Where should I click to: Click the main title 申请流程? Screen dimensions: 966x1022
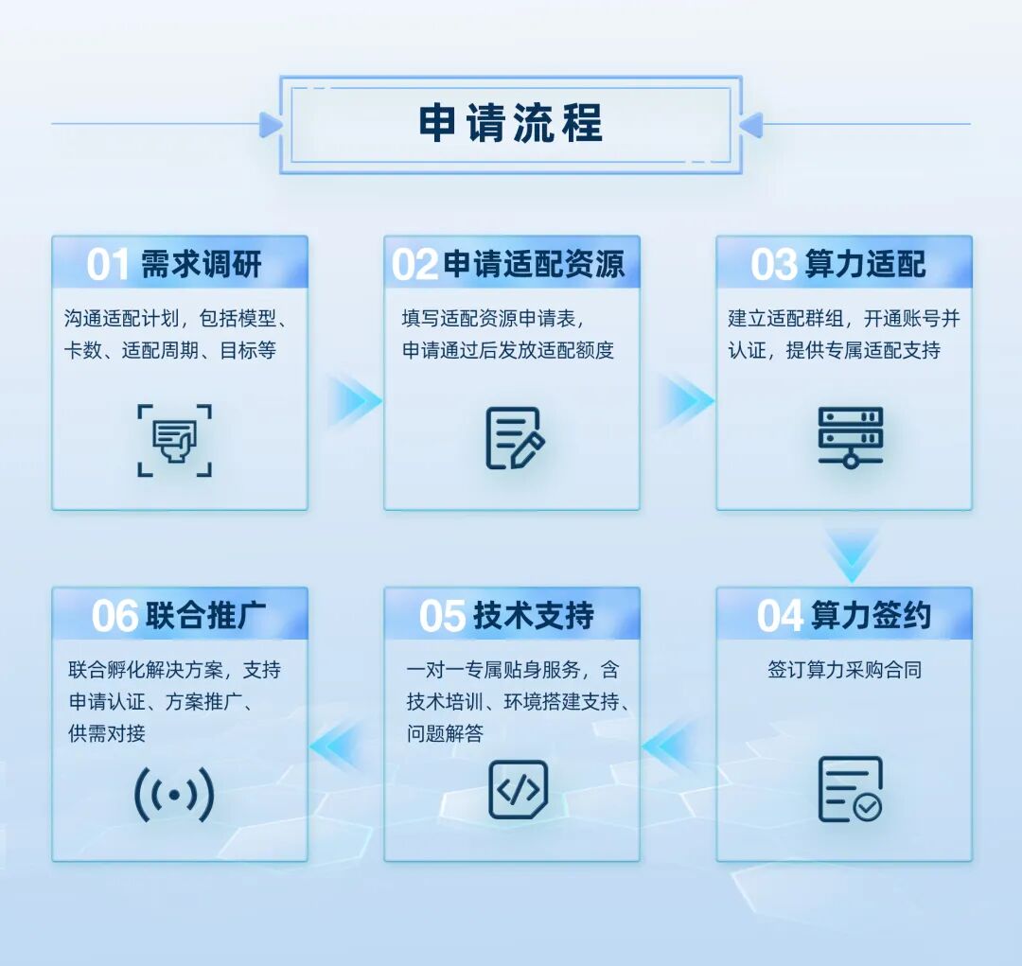[510, 124]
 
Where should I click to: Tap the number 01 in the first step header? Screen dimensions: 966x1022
[108, 265]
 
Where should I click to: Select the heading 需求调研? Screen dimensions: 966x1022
[202, 264]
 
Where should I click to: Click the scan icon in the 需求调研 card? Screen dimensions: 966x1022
[174, 440]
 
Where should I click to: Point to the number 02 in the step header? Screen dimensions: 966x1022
[414, 265]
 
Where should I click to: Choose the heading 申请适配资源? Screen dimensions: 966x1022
[534, 264]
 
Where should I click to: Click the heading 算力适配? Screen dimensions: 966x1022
[865, 264]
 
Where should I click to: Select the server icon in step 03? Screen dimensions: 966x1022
[850, 437]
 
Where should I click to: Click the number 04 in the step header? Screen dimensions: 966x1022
[780, 616]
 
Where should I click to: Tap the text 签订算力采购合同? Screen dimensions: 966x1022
[844, 670]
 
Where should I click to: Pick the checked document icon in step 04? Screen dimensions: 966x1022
[849, 789]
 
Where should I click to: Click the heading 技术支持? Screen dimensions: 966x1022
[534, 616]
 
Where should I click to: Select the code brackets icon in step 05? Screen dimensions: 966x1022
[518, 789]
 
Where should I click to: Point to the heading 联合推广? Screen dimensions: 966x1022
[206, 616]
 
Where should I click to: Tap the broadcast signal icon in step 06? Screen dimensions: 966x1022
[174, 795]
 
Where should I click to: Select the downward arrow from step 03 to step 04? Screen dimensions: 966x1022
[852, 554]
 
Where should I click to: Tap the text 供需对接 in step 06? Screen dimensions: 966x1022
[107, 733]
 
